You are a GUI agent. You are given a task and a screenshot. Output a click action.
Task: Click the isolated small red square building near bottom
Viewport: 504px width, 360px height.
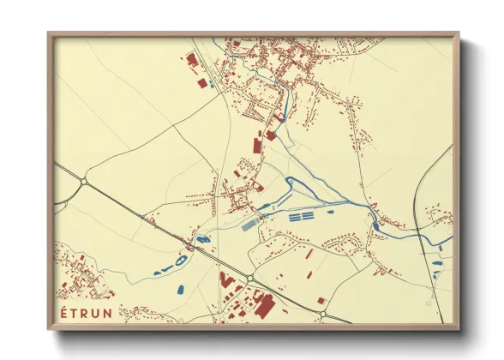(x=321, y=301)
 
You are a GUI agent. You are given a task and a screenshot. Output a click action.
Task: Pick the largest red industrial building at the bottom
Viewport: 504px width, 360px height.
(x=261, y=303)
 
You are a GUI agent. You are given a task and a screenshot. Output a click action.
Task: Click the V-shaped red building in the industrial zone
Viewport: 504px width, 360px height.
(x=226, y=280)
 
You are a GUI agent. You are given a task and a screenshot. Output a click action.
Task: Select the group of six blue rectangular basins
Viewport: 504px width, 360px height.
(x=301, y=218)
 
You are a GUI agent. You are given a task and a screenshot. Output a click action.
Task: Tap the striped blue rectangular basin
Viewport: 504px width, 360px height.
(x=249, y=225)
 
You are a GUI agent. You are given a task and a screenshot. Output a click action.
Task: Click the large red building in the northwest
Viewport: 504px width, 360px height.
(x=190, y=59)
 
